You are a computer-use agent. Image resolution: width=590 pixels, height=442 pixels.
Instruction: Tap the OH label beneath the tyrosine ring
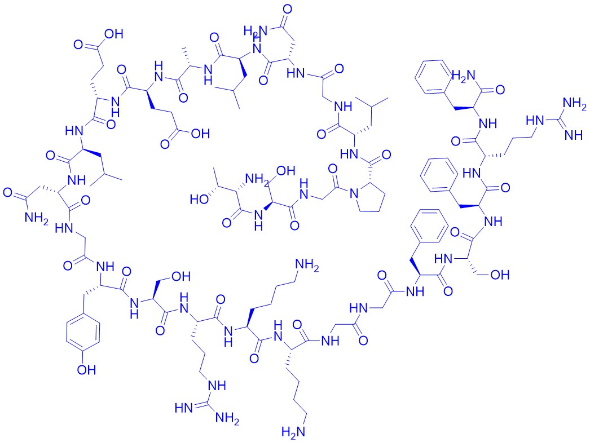(x=86, y=370)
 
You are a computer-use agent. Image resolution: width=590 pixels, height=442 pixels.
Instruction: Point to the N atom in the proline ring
(x=354, y=193)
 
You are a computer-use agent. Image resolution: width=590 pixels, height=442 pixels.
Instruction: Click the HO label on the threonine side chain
(x=200, y=200)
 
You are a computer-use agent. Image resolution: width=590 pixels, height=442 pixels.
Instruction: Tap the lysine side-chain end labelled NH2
(x=307, y=265)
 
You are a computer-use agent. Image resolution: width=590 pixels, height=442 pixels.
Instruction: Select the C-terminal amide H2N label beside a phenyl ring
(x=464, y=76)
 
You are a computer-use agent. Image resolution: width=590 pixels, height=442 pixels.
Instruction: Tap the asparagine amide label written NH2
(x=37, y=218)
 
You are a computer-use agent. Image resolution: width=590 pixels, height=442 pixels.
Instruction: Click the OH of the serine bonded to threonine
(x=286, y=171)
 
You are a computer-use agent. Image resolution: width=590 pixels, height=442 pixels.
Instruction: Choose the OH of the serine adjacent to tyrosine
(x=182, y=277)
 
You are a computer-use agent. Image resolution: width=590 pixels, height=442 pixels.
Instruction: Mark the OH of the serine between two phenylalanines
(x=500, y=275)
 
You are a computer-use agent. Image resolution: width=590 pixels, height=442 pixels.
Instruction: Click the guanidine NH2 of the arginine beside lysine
(x=227, y=418)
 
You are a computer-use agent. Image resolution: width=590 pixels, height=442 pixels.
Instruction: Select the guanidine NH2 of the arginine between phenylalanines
(x=575, y=103)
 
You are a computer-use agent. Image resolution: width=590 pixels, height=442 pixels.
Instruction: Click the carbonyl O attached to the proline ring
(x=386, y=154)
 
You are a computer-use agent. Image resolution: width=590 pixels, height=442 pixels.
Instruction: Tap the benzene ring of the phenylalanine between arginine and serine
(x=439, y=175)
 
